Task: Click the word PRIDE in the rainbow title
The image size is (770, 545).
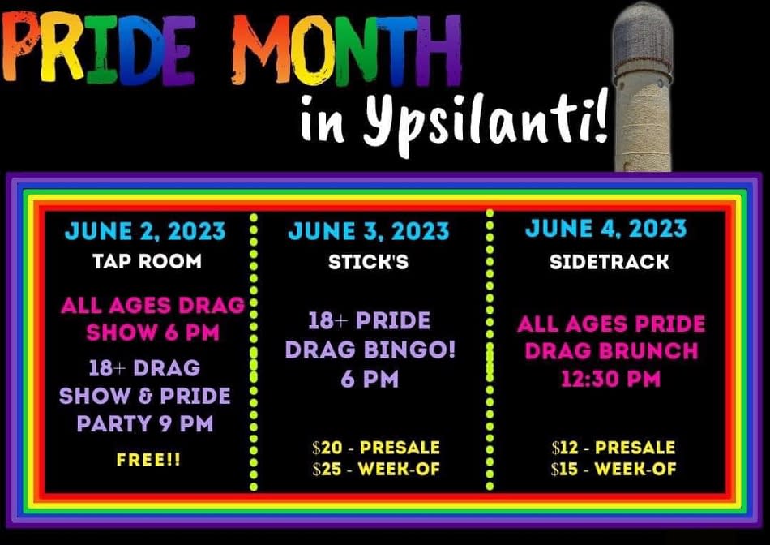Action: coord(98,48)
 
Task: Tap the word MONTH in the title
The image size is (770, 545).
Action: coord(347,49)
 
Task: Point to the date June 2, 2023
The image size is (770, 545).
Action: coord(145,231)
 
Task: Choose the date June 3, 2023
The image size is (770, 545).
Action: coord(368,231)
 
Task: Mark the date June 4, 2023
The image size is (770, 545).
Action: coord(606,229)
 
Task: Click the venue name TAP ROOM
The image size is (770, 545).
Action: coord(147,261)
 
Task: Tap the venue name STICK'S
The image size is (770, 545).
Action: coord(368,262)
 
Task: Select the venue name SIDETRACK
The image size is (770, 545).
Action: coord(610,262)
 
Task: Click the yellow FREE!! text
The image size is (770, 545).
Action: coord(148,460)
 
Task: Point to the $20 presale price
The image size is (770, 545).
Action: coord(376,448)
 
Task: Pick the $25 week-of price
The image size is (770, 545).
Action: coord(376,470)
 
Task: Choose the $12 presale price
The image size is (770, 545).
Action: coord(614,448)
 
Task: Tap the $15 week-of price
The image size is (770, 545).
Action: coord(614,470)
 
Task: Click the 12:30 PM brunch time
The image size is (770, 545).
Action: coord(611,379)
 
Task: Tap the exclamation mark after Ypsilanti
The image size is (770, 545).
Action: coord(600,117)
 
